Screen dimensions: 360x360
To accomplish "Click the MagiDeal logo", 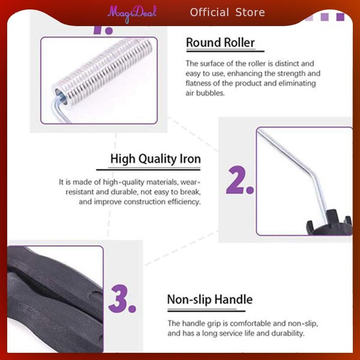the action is (132, 13).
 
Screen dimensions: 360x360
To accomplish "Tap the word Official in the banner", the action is (209, 13).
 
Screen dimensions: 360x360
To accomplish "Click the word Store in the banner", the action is (250, 13).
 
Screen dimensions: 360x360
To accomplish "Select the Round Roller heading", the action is (220, 43).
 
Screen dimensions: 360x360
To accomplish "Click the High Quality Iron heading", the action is (155, 159).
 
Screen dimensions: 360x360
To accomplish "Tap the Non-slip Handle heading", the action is (210, 299).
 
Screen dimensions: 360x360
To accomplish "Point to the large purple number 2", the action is (240, 180).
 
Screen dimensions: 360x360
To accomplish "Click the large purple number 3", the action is (122, 298).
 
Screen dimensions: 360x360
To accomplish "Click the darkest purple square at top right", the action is (340, 17).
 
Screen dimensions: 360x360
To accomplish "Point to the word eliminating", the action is (297, 83).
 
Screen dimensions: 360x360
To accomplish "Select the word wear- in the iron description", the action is (190, 182).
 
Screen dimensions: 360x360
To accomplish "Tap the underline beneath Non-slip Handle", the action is (207, 311).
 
